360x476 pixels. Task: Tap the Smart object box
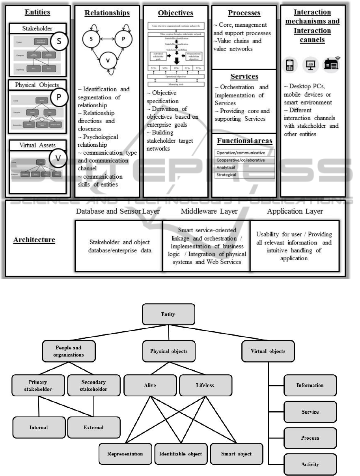pos(236,454)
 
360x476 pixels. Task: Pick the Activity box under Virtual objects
pos(310,464)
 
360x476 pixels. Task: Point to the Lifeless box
pos(205,385)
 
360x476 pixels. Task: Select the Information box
pos(310,385)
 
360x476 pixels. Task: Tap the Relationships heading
pos(107,13)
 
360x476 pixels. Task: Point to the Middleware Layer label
pos(209,211)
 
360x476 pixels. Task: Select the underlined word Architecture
pos(34,240)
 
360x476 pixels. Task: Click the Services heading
pos(244,77)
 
